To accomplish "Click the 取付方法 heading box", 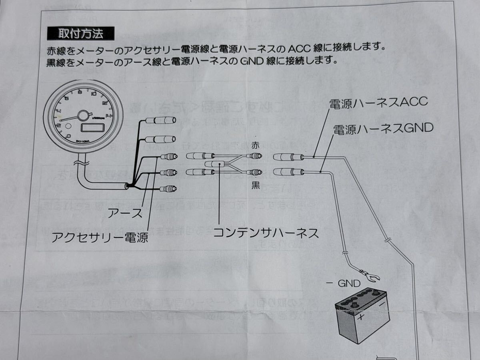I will point(80,33).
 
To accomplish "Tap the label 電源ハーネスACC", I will point(378,102).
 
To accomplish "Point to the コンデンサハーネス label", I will point(266,232).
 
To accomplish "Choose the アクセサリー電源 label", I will point(100,238).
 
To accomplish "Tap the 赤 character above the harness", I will point(255,146).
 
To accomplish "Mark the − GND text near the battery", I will point(344,284).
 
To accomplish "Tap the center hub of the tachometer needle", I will point(83,116).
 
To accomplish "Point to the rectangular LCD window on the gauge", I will point(93,128).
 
